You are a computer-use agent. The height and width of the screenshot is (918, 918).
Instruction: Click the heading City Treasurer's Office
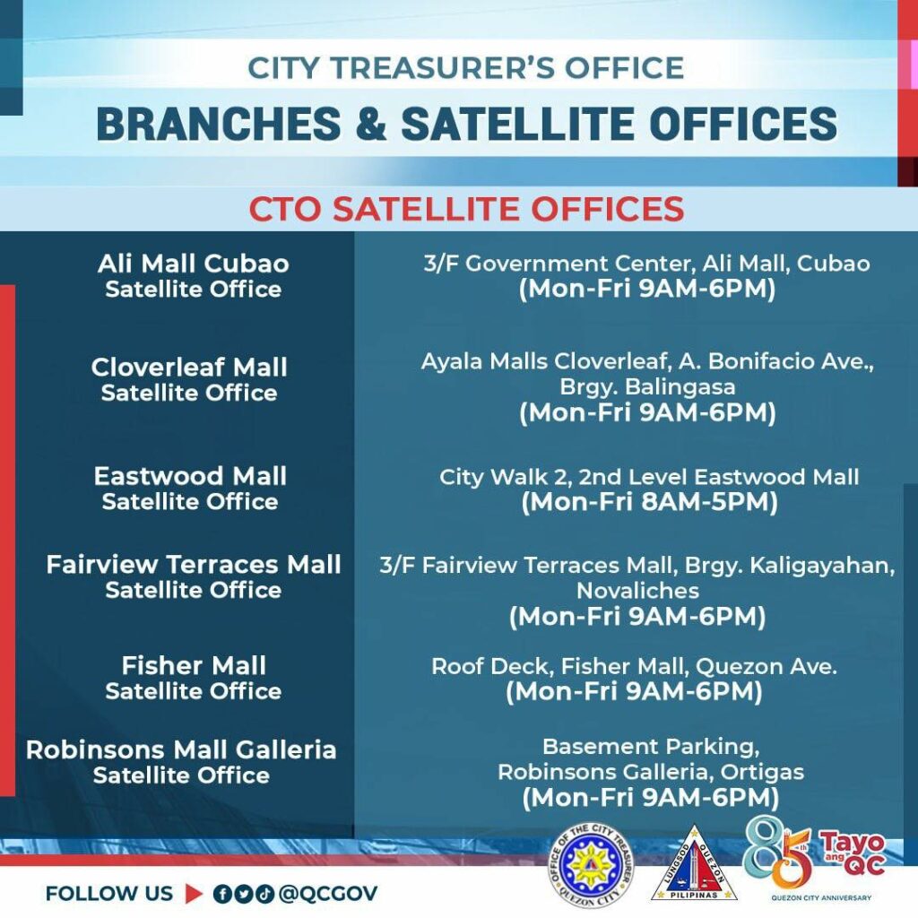(466, 67)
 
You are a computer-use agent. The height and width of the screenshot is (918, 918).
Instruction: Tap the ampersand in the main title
(370, 124)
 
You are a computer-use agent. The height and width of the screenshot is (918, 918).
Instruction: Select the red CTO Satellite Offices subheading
(466, 208)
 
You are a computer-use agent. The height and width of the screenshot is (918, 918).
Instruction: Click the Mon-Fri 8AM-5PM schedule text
(649, 502)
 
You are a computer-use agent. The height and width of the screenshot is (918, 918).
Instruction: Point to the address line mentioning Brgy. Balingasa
(647, 387)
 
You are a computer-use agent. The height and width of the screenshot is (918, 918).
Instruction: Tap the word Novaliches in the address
(637, 591)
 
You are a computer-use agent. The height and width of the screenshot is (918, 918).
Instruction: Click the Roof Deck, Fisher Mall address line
(634, 666)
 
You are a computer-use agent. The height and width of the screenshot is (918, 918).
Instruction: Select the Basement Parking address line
(651, 747)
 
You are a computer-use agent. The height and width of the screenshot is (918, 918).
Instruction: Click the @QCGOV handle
(328, 894)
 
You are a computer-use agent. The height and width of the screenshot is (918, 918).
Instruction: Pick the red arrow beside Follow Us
(194, 894)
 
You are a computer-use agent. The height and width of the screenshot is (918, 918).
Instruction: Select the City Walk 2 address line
(649, 477)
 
